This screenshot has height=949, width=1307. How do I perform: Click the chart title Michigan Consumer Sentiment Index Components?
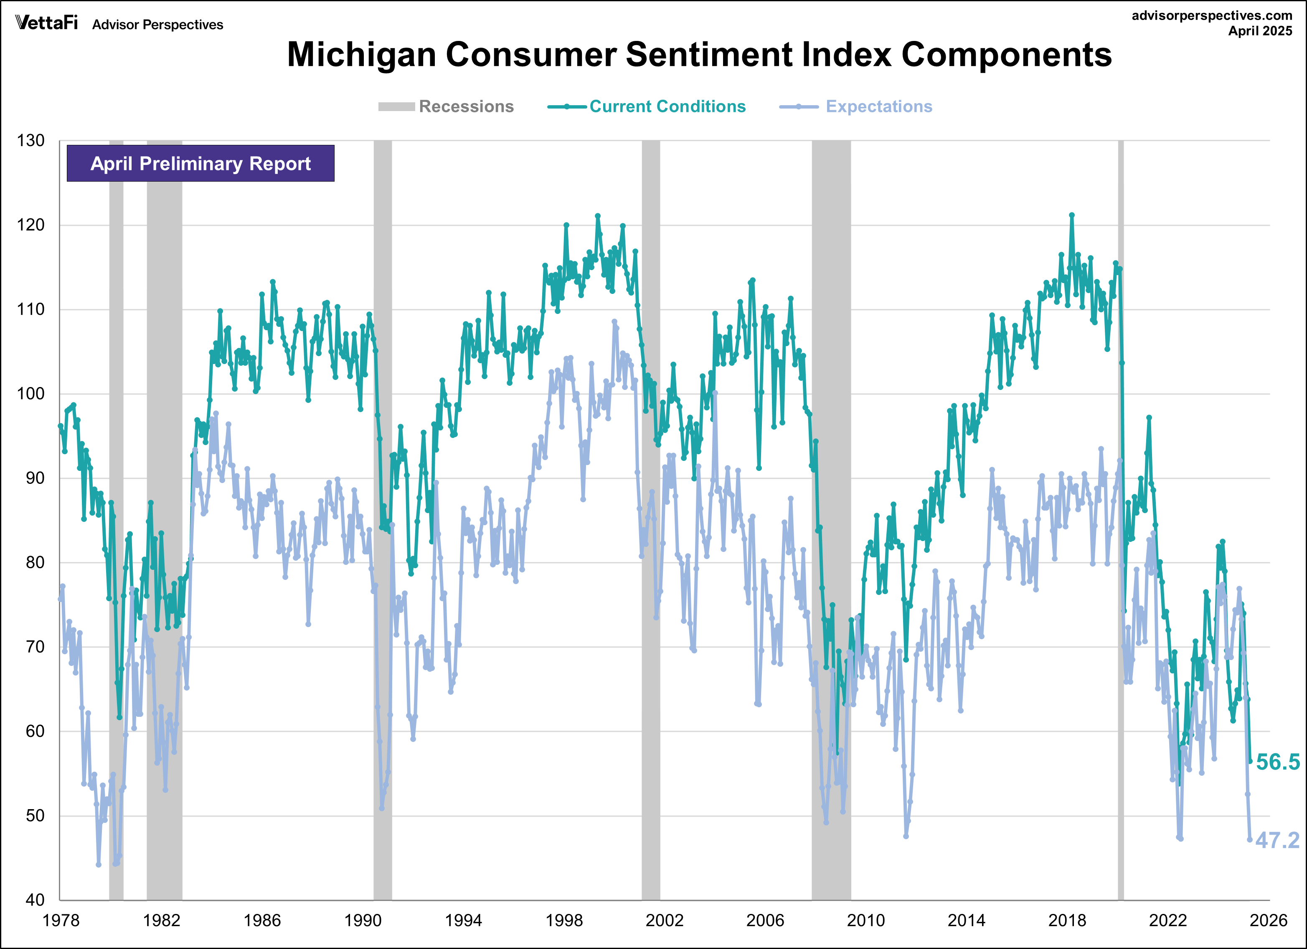tap(699, 55)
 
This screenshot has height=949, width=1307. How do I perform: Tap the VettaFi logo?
tap(46, 23)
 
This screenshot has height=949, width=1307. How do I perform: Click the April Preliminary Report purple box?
tap(200, 164)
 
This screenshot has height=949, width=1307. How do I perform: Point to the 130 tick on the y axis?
tap(30, 141)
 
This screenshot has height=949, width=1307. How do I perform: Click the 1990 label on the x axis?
tap(363, 920)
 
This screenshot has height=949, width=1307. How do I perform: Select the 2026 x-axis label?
tap(1268, 920)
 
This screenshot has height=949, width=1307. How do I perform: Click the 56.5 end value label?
tap(1278, 762)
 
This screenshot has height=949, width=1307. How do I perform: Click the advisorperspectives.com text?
tap(1212, 15)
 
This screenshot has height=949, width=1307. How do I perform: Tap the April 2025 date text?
tap(1260, 31)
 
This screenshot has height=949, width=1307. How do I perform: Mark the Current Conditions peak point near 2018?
tap(1071, 215)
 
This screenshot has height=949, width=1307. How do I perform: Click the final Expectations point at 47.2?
tap(1250, 840)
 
